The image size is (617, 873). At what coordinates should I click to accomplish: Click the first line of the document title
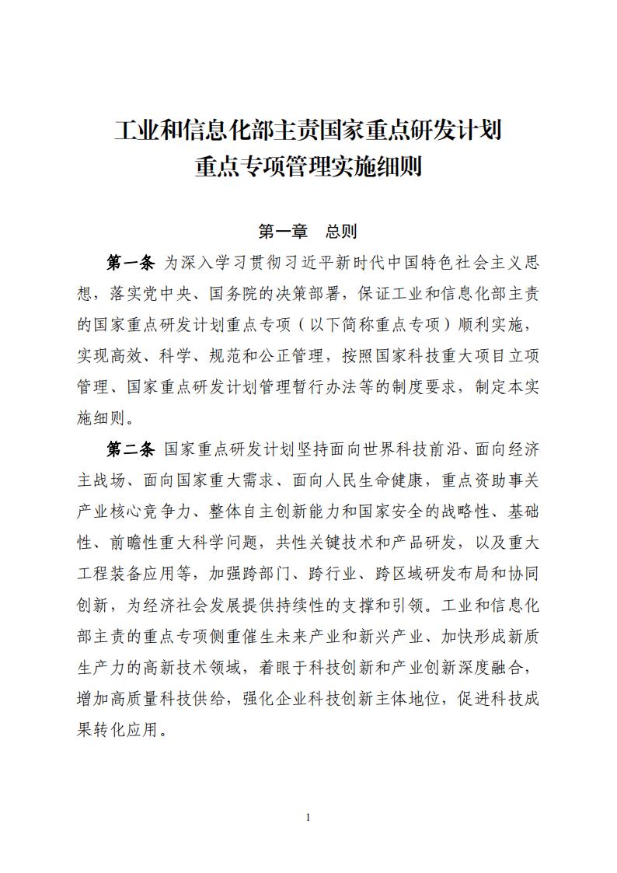(308, 129)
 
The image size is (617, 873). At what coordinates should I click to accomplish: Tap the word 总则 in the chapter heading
(341, 231)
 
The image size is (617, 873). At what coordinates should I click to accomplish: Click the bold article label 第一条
(131, 263)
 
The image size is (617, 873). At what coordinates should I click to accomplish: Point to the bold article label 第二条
(131, 450)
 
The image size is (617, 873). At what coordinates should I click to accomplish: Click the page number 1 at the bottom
(308, 817)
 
